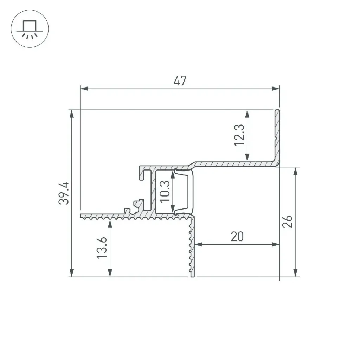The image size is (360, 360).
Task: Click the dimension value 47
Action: coord(180,81)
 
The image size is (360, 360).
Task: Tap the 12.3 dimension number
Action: coord(239,135)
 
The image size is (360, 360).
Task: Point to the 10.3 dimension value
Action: coord(165,192)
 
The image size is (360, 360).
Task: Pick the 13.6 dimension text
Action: coord(102,248)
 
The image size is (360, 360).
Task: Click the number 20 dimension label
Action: coord(237,237)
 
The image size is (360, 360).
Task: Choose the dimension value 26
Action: coord(287,221)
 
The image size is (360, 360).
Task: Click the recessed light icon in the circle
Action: coord(30,29)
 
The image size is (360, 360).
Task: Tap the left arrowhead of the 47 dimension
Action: coord(84,89)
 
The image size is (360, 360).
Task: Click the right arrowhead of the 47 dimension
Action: coord(276,89)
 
